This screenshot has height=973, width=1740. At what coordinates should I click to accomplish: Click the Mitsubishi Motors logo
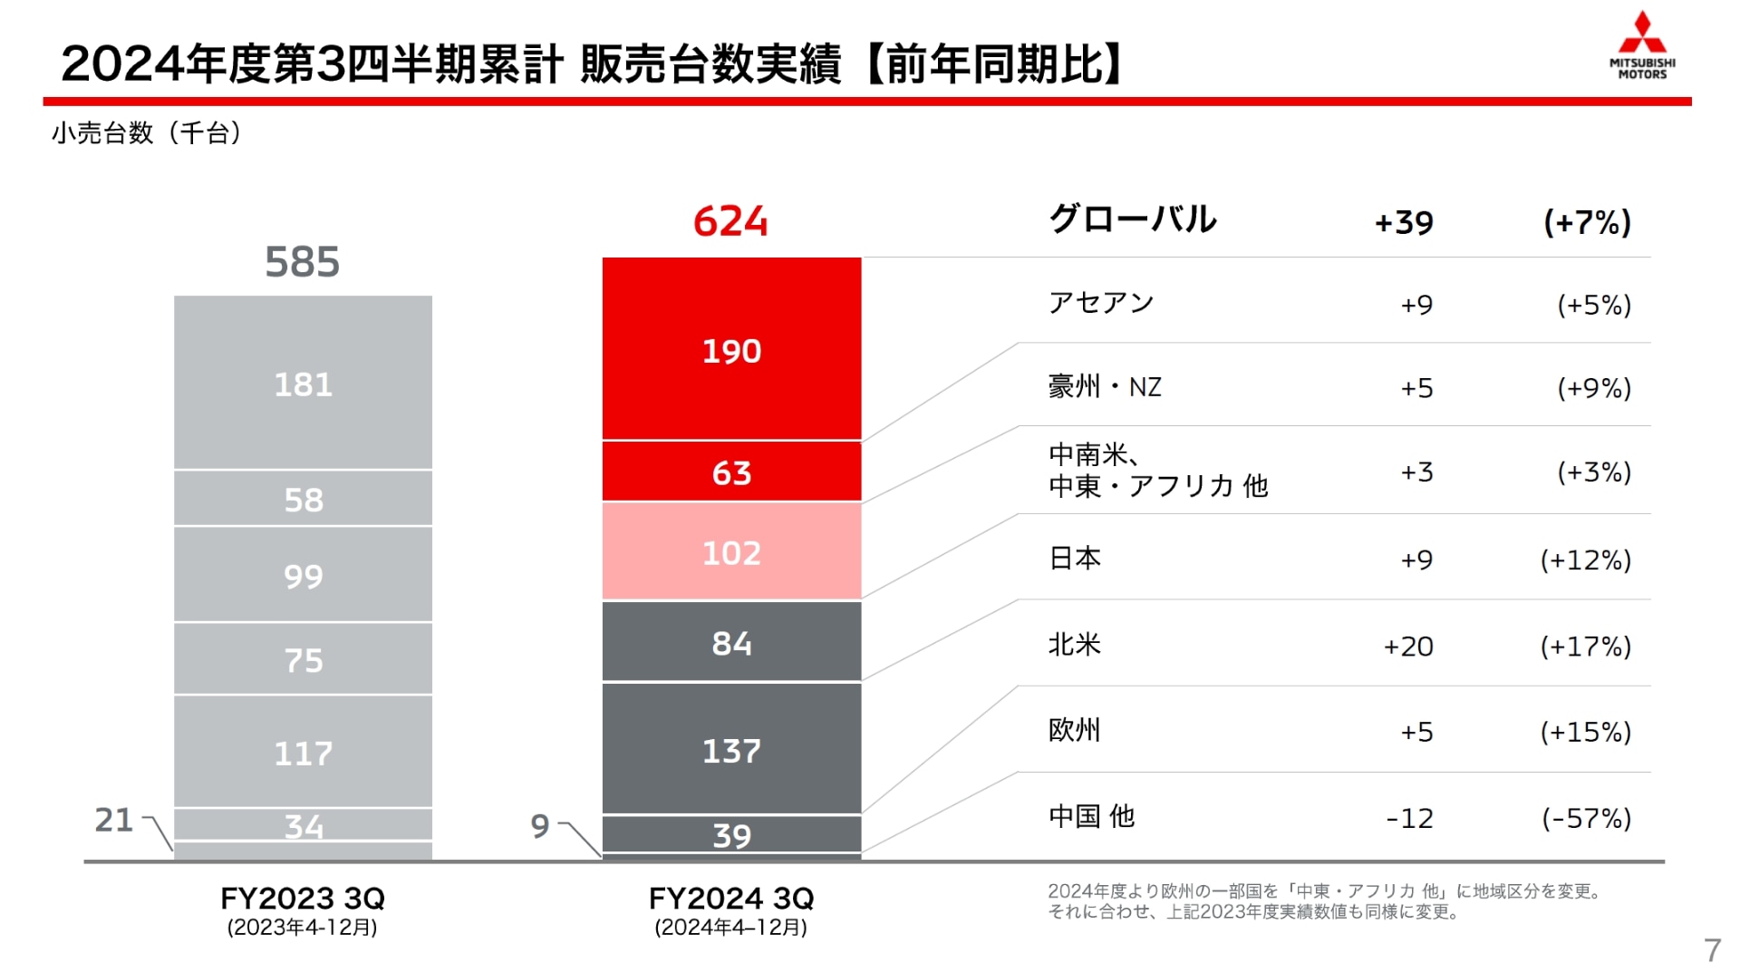point(1641,45)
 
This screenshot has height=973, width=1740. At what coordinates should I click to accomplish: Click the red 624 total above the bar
point(730,221)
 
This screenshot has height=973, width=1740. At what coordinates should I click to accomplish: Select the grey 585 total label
point(302,262)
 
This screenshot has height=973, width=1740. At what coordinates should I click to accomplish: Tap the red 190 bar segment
point(731,350)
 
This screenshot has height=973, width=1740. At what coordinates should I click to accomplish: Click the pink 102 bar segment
point(731,552)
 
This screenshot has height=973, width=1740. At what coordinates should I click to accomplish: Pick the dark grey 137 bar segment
point(731,750)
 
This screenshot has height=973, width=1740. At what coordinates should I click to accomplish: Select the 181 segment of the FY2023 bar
point(303,384)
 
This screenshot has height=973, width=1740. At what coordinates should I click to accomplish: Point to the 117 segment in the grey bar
point(303,753)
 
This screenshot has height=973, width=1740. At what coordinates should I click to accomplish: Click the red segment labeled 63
point(731,472)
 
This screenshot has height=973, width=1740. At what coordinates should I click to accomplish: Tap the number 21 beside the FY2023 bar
point(114,820)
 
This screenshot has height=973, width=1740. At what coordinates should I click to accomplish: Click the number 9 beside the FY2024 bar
point(540,826)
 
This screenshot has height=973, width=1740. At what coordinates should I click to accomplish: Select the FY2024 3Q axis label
point(731,899)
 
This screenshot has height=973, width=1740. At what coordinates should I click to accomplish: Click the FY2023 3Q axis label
point(303,899)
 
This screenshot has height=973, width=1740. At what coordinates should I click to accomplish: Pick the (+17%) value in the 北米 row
point(1585,647)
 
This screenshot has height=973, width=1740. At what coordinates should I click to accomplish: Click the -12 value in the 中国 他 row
point(1409,819)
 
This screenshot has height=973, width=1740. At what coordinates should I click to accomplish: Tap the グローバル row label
point(1132,219)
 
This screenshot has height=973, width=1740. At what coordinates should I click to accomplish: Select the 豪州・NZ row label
point(1104,387)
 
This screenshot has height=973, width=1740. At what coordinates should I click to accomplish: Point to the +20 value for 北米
point(1408,647)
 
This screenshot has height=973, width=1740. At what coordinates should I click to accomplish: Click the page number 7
point(1711,949)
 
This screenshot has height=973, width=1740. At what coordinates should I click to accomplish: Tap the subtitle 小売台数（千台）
point(146,133)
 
